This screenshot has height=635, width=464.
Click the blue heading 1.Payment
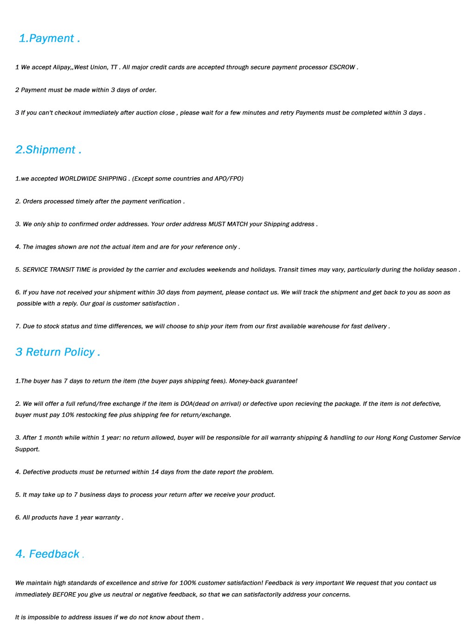coord(49,39)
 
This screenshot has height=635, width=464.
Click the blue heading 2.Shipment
coord(48,150)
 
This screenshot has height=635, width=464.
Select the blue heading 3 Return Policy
coord(57,352)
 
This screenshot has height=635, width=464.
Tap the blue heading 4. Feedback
coord(48,554)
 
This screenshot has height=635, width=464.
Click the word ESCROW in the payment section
coord(342,67)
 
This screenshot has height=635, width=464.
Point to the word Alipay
coord(62,67)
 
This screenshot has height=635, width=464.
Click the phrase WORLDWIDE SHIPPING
coord(93,179)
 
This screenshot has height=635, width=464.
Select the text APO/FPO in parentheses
coord(229,179)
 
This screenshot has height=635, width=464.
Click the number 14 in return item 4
coord(155,472)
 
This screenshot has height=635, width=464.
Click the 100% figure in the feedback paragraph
coord(188,583)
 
